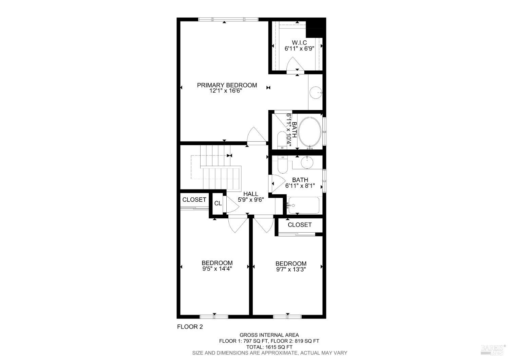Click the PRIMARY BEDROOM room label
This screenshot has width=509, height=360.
[x=227, y=85]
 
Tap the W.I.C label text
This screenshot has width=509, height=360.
[x=299, y=42]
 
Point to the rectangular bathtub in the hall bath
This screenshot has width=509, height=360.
[x=304, y=205]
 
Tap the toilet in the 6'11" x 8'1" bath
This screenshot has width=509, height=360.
[x=282, y=164]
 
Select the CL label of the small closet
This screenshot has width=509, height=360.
[x=218, y=203]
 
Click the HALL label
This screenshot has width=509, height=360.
[x=250, y=194]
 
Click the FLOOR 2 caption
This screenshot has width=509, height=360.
[x=190, y=327]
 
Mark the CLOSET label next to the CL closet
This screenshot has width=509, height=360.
[x=194, y=200]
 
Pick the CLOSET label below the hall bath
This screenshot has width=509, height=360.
[x=299, y=224]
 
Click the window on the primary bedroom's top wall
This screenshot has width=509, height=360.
[x=228, y=19]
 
